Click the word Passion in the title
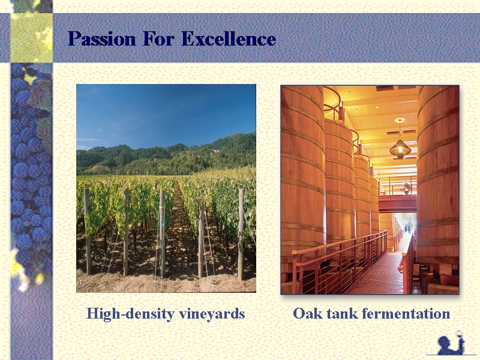click(101, 39)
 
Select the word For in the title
click(158, 39)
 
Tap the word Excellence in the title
click(229, 39)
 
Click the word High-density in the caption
click(130, 314)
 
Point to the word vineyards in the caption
click(212, 314)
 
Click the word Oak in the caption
click(308, 313)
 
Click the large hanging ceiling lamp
click(400, 148)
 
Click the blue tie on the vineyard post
click(164, 223)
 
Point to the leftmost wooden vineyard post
click(88, 232)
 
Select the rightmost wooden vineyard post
click(241, 234)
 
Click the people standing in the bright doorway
click(407, 227)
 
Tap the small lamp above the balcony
click(406, 188)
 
